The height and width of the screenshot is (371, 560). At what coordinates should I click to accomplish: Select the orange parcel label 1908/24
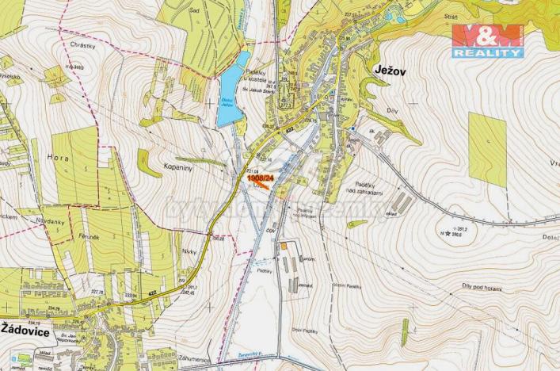point(260,179)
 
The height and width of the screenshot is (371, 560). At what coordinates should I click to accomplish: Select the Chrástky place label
point(82,47)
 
